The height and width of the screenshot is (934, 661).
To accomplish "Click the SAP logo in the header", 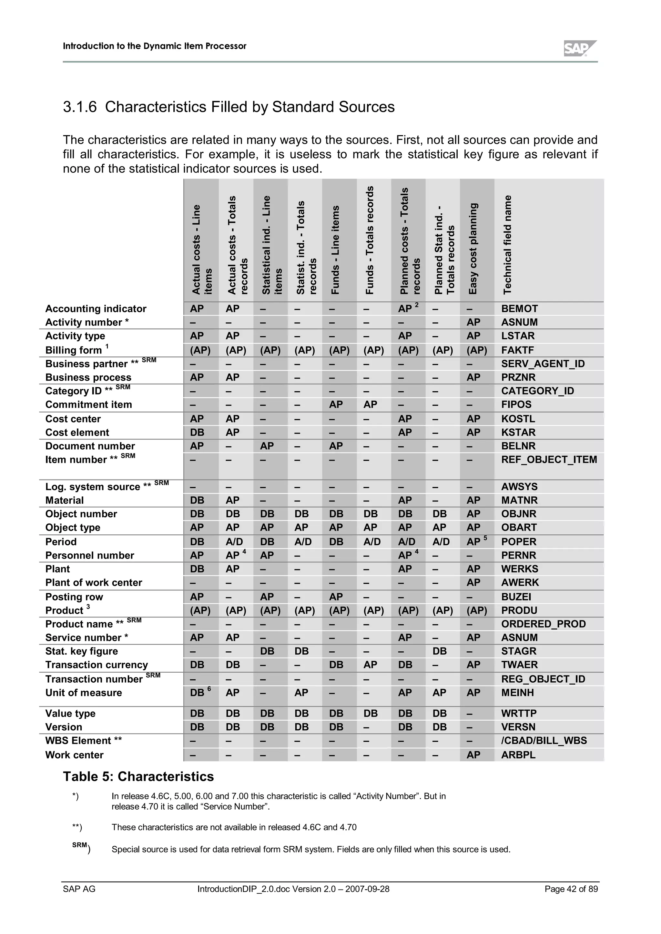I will pos(580,48).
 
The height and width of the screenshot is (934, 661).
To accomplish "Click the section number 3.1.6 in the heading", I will pos(80,107).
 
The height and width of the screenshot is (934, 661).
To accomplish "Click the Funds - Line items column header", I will pos(335,250).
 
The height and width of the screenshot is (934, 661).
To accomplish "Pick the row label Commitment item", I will pos(88,404).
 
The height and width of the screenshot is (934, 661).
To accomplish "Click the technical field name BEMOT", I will pos(519,309).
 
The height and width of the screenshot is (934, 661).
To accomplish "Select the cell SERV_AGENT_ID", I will pos(543,364).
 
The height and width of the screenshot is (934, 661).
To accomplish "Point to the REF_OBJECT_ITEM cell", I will pos(549,459).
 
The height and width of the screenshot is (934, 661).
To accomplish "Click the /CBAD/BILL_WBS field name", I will pos(544,740).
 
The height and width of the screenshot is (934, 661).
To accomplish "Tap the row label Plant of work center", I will pos(94,582).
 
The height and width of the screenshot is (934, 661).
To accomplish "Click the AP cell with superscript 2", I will pos(408,309).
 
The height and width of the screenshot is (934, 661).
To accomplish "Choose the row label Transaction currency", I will pos(97,665).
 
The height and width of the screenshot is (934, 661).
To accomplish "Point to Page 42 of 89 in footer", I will pos(571,889).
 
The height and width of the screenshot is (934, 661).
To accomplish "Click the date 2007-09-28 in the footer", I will pos(367,889).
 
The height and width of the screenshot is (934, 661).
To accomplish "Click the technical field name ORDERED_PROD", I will pos(543,624).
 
